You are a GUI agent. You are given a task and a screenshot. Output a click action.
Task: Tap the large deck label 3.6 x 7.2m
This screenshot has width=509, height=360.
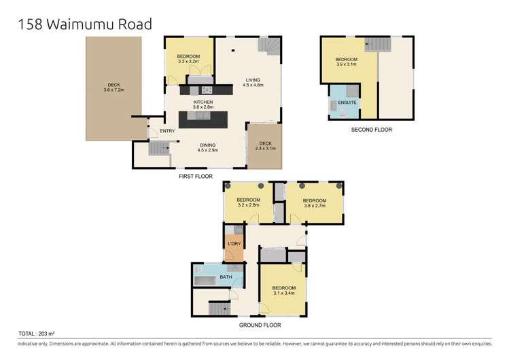point(107,86)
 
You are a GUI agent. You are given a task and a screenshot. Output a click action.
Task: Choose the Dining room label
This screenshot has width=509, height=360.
point(208,147)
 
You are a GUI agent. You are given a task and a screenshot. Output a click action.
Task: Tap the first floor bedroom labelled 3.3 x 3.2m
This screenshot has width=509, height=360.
point(188,58)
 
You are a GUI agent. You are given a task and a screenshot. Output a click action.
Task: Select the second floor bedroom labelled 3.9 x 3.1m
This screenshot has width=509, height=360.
point(347,62)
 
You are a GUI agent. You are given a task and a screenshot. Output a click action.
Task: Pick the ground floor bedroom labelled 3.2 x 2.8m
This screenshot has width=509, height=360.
point(248,202)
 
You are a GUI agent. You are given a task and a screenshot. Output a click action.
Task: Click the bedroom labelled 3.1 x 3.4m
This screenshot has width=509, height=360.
point(283,290)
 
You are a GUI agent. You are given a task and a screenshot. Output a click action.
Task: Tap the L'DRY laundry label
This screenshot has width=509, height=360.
point(233,243)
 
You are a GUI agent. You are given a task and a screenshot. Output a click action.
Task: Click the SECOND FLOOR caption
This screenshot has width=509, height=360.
point(371,129)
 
